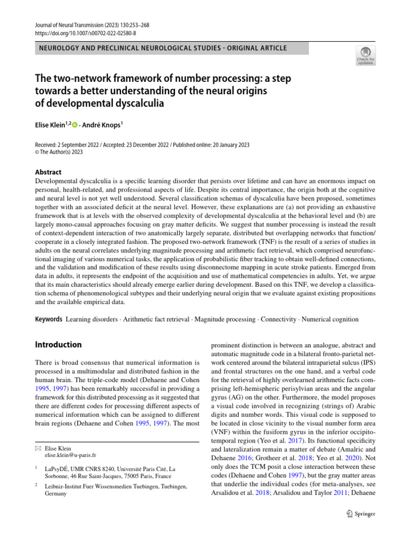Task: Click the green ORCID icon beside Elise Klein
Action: click(x=74, y=124)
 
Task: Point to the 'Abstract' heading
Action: click(x=48, y=172)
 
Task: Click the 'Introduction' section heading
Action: click(x=58, y=345)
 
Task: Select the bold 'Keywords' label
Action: click(x=48, y=319)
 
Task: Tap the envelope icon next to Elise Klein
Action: click(x=37, y=448)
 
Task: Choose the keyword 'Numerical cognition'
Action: click(x=330, y=319)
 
